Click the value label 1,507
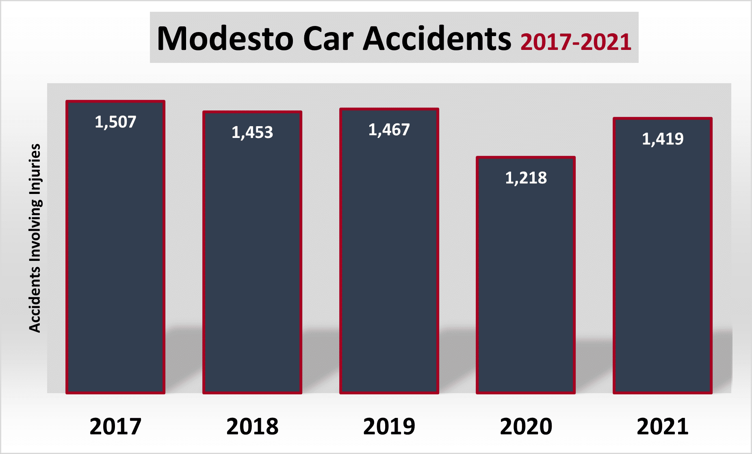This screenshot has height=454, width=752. tap(115, 122)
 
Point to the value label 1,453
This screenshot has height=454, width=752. tap(252, 133)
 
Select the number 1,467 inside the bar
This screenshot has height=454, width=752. tap(389, 130)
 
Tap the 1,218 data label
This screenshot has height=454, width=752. tap(526, 178)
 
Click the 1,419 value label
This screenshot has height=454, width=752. tap(663, 139)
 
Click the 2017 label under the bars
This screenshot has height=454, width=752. tap(115, 426)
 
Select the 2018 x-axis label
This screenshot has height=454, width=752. tap(252, 426)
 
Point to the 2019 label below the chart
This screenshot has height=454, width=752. tap(389, 426)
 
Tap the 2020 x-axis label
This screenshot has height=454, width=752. tap(526, 426)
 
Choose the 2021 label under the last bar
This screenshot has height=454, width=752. tap(663, 426)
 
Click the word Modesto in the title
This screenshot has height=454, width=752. tap(225, 39)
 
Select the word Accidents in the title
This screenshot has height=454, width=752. tap(437, 39)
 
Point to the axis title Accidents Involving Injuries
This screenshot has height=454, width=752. tap(35, 238)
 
